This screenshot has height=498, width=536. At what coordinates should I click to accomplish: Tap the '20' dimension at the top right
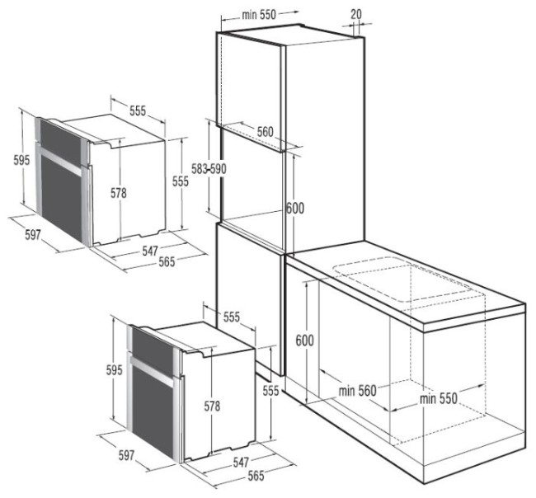coord(355,14)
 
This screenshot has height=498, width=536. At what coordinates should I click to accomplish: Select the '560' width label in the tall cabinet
coord(264,131)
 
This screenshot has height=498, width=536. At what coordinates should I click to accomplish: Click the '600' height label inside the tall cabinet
coord(295,209)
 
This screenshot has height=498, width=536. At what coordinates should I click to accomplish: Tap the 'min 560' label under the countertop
coord(356,390)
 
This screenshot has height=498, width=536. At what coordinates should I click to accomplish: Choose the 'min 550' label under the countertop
coord(438,398)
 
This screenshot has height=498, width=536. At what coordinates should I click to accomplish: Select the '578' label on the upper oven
coord(119,193)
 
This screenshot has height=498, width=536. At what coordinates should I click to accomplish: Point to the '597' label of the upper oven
coord(32,234)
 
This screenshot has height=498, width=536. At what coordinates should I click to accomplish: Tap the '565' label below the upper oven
coord(167,261)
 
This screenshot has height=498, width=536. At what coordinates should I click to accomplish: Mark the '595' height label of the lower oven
coord(115,370)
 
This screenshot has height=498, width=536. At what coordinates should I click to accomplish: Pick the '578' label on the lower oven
coord(211,406)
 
